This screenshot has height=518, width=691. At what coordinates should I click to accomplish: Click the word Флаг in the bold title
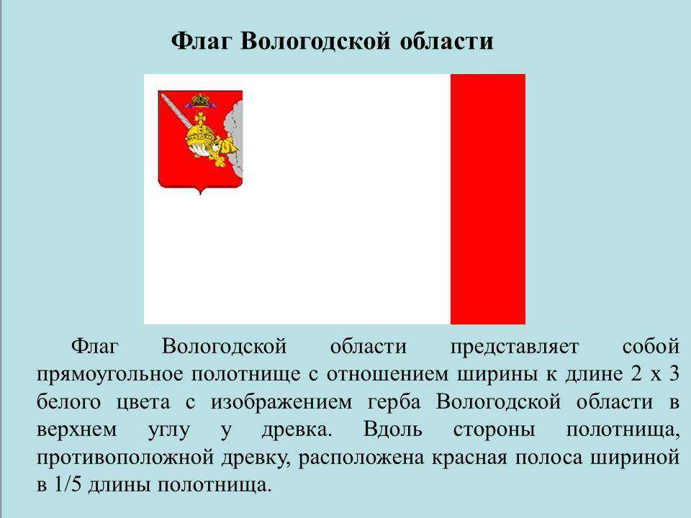tap(201, 42)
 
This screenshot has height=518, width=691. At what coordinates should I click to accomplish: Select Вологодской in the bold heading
tap(315, 41)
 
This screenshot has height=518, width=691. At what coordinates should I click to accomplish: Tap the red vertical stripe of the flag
tap(488, 199)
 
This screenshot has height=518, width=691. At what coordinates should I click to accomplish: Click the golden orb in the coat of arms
tap(201, 137)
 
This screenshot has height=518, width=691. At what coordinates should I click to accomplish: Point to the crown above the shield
tap(201, 101)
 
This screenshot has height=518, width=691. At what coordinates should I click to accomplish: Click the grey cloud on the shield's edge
tap(233, 141)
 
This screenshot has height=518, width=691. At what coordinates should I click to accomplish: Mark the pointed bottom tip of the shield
tap(200, 194)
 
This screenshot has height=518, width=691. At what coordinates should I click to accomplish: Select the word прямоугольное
tap(109, 375)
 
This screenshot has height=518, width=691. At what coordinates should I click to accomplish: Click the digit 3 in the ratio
tap(674, 374)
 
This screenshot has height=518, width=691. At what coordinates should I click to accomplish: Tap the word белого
tap(69, 401)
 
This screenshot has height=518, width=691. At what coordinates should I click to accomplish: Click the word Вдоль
tap(393, 430)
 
